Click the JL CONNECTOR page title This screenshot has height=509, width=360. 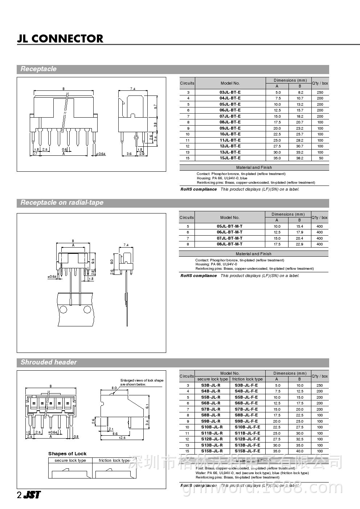point(60,39)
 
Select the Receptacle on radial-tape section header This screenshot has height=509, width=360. point(62,203)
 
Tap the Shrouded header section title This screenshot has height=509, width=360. point(49,362)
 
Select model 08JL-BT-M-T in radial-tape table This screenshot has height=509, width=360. point(229,244)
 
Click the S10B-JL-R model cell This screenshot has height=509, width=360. point(212,427)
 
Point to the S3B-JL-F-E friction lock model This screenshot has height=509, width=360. point(246,385)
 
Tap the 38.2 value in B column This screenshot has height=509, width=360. point(299,158)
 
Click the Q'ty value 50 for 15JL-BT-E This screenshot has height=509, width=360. point(320,158)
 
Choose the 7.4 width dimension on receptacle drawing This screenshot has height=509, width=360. point(133,89)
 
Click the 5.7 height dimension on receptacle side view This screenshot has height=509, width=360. point(155,107)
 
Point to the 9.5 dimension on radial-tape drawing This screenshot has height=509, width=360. point(93,261)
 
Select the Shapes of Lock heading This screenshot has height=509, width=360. point(67,453)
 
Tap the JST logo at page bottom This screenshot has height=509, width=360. point(32,494)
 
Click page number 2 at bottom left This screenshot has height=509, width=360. point(19,495)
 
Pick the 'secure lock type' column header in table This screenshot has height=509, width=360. point(213,379)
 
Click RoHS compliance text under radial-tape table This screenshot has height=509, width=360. point(199,276)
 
